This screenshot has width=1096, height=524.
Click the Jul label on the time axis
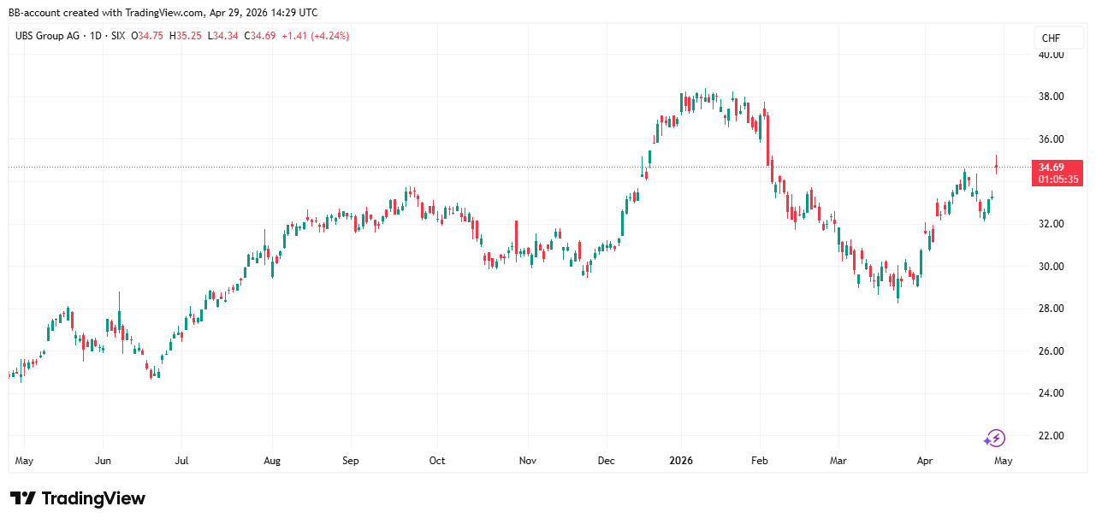coord(181,461)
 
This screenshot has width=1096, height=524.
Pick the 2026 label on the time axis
coord(682,461)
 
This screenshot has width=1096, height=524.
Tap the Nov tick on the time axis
coord(528,461)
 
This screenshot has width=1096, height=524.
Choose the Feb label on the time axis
coord(760,461)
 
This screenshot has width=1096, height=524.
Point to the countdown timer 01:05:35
coord(1059,180)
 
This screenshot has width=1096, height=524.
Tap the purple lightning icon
coord(994,439)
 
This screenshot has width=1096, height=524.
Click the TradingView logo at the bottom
coord(78,498)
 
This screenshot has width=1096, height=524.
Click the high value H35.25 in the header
coord(186,36)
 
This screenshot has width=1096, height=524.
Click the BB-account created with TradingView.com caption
coord(163,12)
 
